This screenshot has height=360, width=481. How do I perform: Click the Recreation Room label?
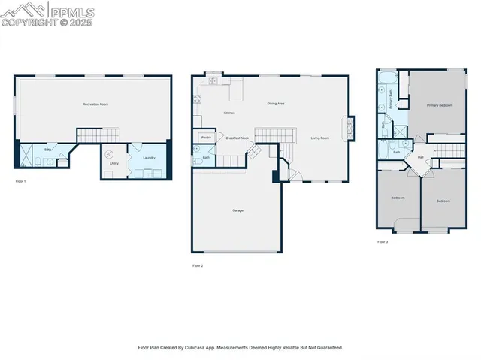pyautogui.click(x=95, y=104)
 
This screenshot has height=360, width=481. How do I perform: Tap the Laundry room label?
pyautogui.click(x=149, y=158)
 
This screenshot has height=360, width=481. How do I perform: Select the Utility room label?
pyautogui.click(x=114, y=163)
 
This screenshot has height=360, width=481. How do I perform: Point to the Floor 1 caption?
pyautogui.click(x=20, y=182)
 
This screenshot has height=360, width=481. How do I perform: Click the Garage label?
pyautogui.click(x=237, y=210)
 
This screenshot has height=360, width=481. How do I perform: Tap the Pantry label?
pyautogui.click(x=205, y=138)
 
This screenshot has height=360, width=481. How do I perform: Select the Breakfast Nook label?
pyautogui.click(x=237, y=138)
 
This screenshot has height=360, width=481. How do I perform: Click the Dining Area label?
pyautogui.click(x=276, y=104)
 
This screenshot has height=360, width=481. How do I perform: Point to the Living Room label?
pyautogui.click(x=320, y=138)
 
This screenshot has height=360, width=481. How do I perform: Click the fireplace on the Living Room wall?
pyautogui.click(x=349, y=128)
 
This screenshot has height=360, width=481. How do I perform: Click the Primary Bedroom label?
pyautogui.click(x=440, y=106)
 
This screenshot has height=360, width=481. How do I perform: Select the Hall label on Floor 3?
pyautogui.click(x=420, y=157)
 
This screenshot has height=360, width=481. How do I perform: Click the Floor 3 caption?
pyautogui.click(x=383, y=242)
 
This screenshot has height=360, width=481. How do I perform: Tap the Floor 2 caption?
pyautogui.click(x=198, y=265)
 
